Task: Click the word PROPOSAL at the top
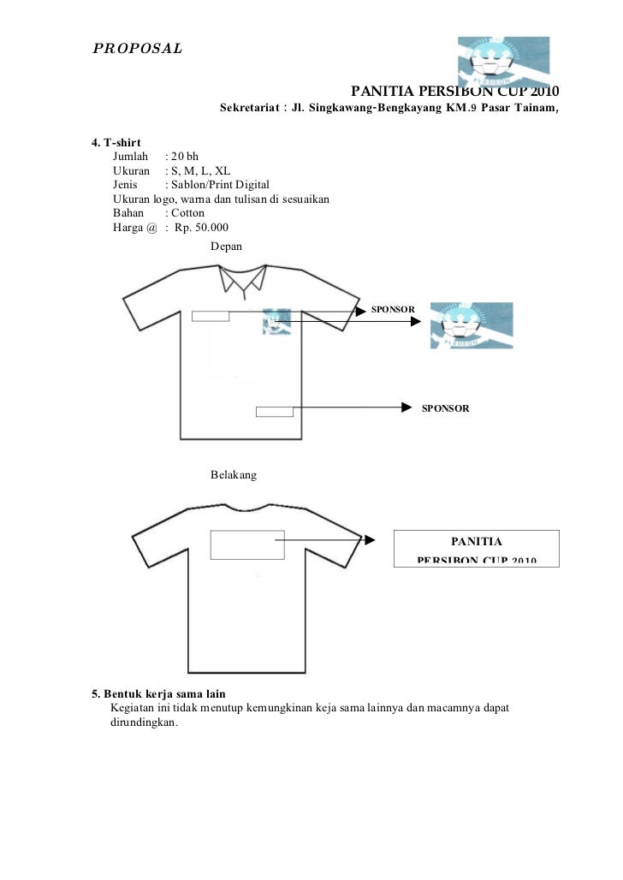coord(137,48)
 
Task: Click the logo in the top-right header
coord(502,62)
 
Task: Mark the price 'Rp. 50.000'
coord(201,227)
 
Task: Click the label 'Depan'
coord(227,246)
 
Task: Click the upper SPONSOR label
coord(393,308)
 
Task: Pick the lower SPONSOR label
coord(445,408)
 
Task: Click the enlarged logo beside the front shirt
coord(472,325)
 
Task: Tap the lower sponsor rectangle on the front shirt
coord(275,411)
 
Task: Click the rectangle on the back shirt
coord(246,544)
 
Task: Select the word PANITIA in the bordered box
coord(477,541)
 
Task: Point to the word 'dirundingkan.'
coord(144,722)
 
